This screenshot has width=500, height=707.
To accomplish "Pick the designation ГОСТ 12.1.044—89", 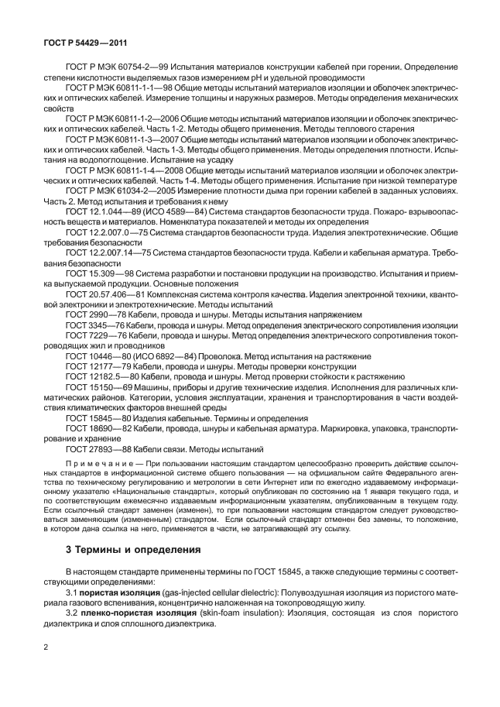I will [x=101, y=213].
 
